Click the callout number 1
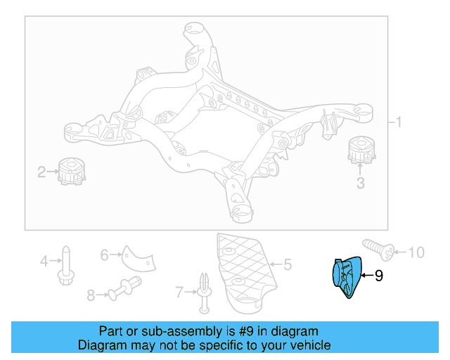pos(399,122)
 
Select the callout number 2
pos(42,171)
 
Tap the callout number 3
pos(360,184)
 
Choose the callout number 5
pos(287,265)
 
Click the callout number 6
pos(104,255)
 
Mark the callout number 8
pos(91,296)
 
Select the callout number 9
pos(379,276)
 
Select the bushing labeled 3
pos(361,150)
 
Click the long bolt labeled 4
pos(65,264)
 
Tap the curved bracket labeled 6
pos(136,259)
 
